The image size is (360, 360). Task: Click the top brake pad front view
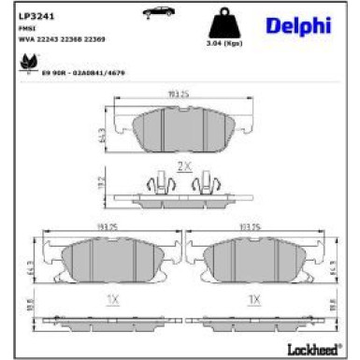click(180, 130)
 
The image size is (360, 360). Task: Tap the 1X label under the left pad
click(113, 299)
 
